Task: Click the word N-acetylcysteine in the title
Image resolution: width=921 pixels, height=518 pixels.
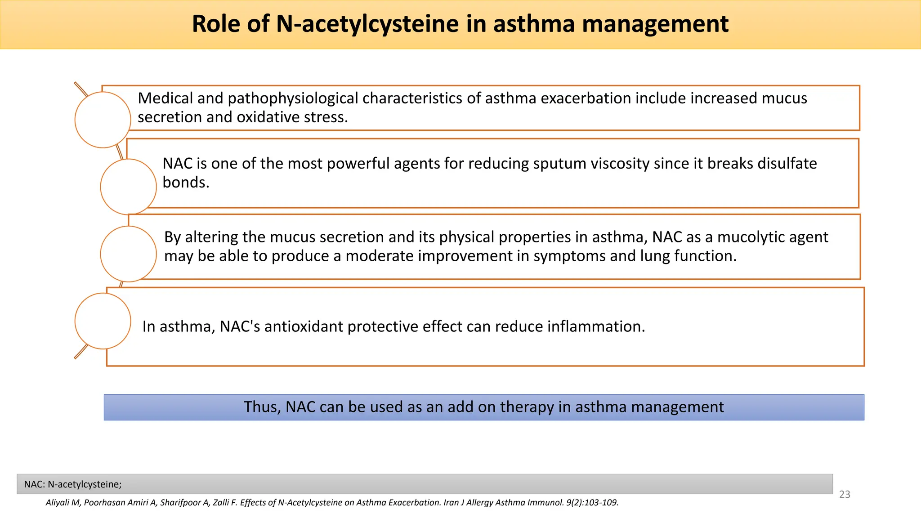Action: pos(367,24)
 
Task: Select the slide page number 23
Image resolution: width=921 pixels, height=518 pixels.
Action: pos(845,495)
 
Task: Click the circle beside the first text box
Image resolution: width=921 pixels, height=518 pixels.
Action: pos(103,120)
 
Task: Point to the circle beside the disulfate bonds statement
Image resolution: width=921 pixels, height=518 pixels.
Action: pos(128,187)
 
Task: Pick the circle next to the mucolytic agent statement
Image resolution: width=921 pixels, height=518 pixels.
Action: pos(128,254)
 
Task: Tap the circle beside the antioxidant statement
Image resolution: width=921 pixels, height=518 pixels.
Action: pos(103,321)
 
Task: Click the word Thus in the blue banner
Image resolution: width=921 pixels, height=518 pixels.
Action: pos(262,407)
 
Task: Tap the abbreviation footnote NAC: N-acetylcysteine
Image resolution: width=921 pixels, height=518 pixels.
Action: pos(73,484)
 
